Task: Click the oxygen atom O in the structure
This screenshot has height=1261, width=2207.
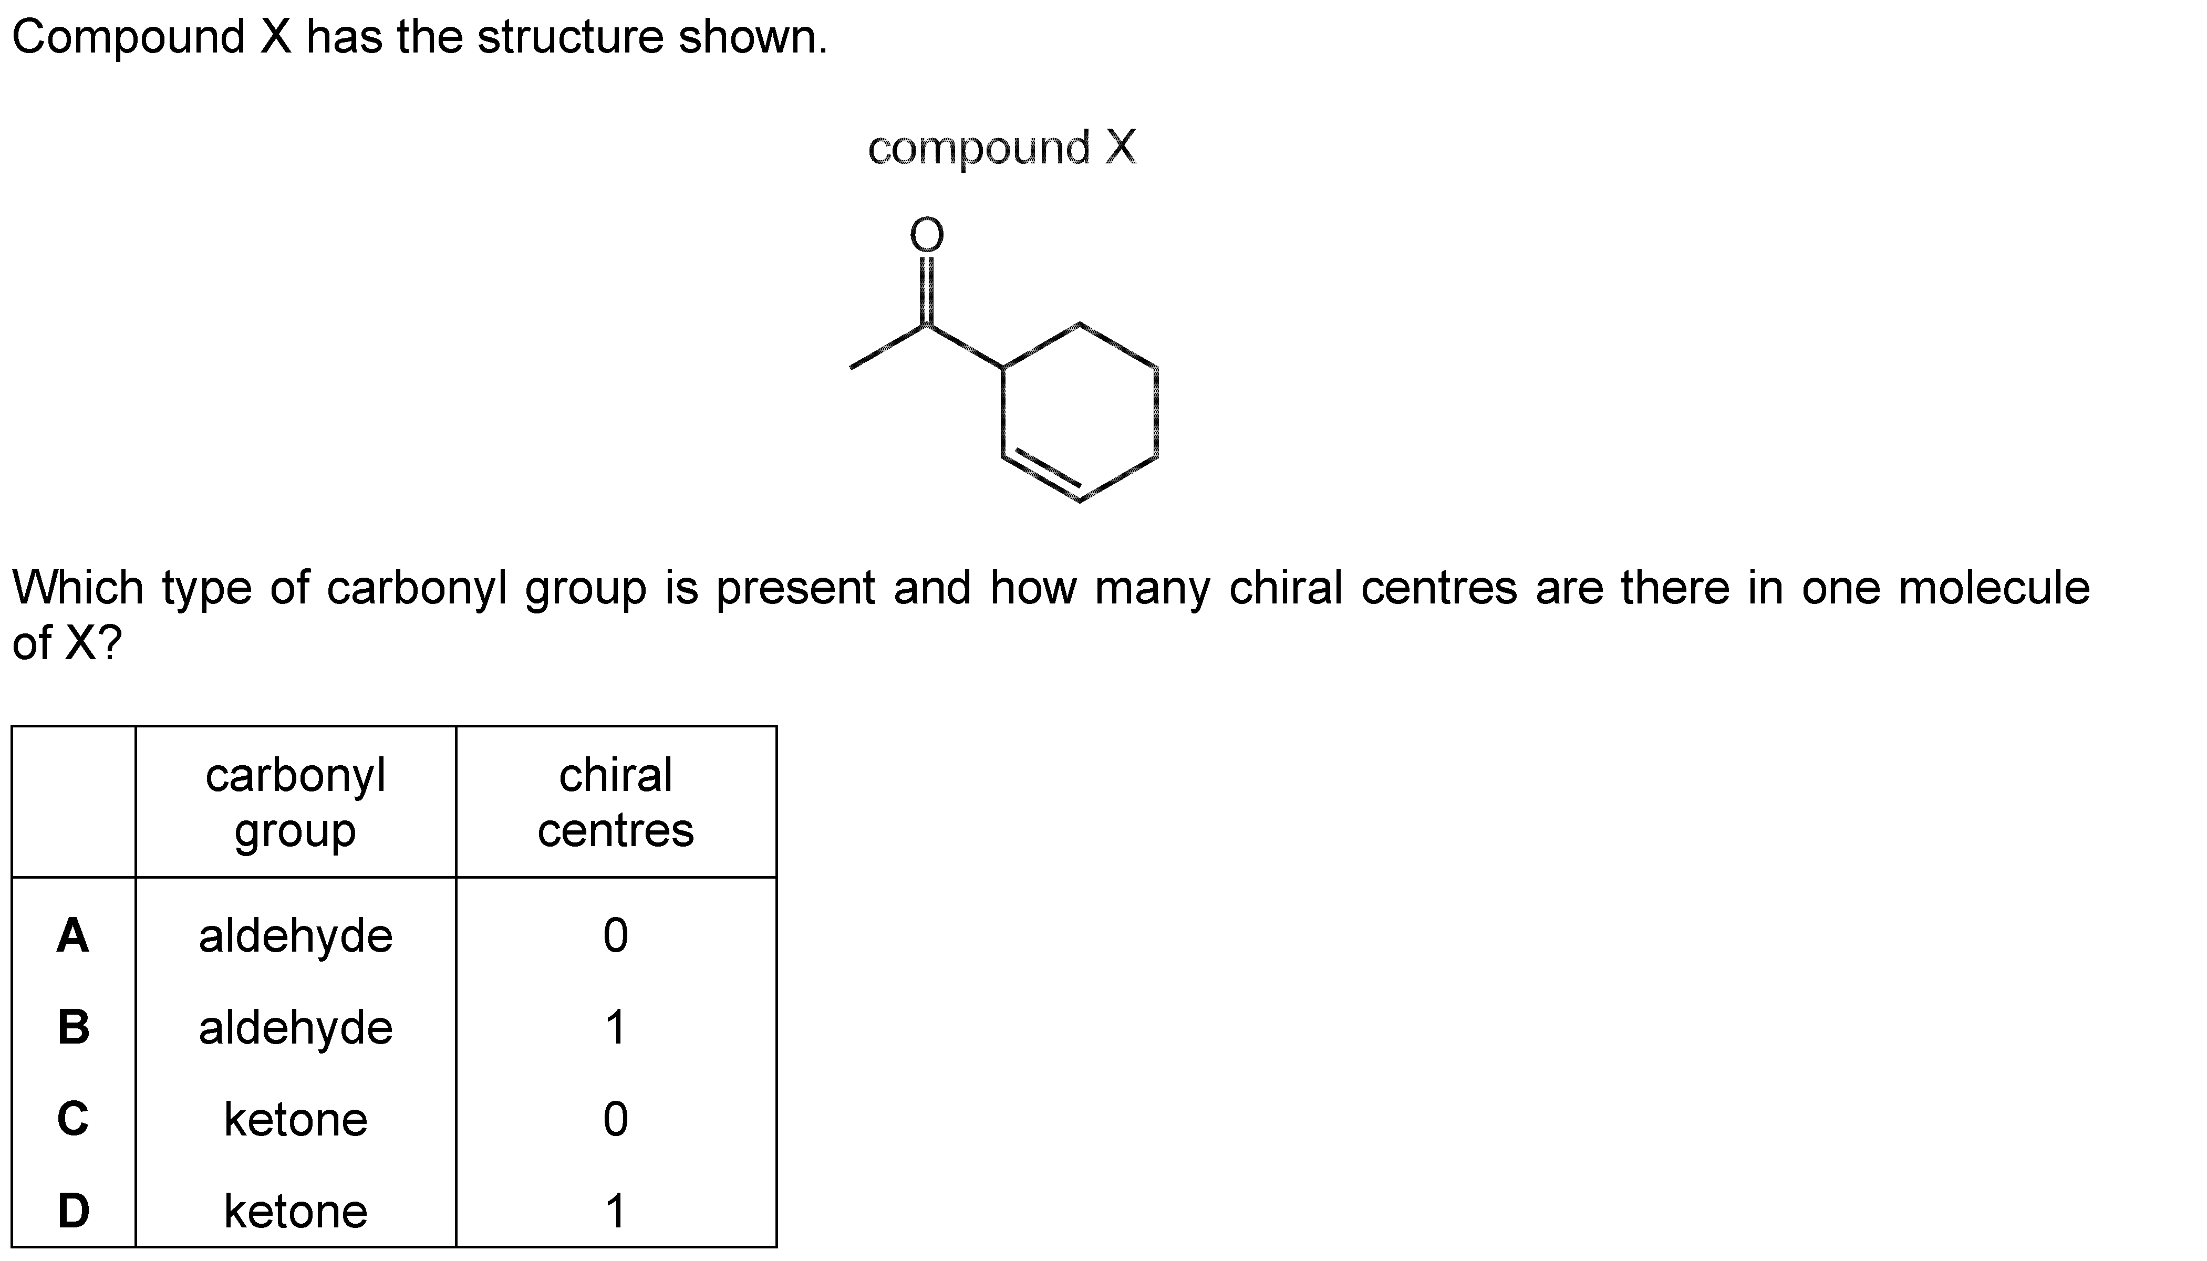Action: [926, 235]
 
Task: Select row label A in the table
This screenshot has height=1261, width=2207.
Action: [72, 935]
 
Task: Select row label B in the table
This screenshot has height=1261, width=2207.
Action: [74, 1027]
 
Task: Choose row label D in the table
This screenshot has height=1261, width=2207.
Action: [74, 1210]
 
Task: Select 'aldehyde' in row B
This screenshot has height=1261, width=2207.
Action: [295, 1028]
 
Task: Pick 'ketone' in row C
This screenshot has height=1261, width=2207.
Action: [295, 1119]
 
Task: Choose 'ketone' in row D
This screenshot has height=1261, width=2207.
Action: [295, 1211]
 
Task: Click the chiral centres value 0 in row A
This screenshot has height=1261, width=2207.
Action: [616, 935]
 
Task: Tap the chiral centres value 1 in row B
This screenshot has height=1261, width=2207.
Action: [615, 1027]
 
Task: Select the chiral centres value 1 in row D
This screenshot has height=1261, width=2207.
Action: [615, 1210]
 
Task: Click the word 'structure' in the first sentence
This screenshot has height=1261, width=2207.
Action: [571, 37]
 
